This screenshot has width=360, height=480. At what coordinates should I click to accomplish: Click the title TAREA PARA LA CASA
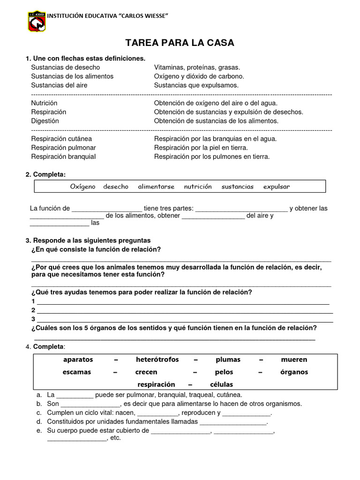[180, 43]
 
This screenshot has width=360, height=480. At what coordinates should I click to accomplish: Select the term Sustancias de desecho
[65, 67]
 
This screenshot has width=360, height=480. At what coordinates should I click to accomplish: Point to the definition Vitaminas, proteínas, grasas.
[196, 67]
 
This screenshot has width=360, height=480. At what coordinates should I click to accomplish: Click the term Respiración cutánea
[61, 139]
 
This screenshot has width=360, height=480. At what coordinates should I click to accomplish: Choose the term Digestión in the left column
[45, 121]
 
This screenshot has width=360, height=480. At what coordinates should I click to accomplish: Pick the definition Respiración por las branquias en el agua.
[215, 139]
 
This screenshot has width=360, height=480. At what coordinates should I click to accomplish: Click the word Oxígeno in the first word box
[82, 187]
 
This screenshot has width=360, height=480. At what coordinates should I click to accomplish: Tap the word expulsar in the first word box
[276, 187]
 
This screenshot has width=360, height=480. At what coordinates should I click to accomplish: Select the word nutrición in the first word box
[197, 187]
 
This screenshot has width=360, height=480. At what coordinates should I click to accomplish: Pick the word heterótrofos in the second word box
[157, 360]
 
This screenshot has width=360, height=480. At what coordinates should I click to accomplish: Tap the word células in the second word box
[221, 384]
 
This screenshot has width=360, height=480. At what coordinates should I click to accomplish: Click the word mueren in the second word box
[294, 360]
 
